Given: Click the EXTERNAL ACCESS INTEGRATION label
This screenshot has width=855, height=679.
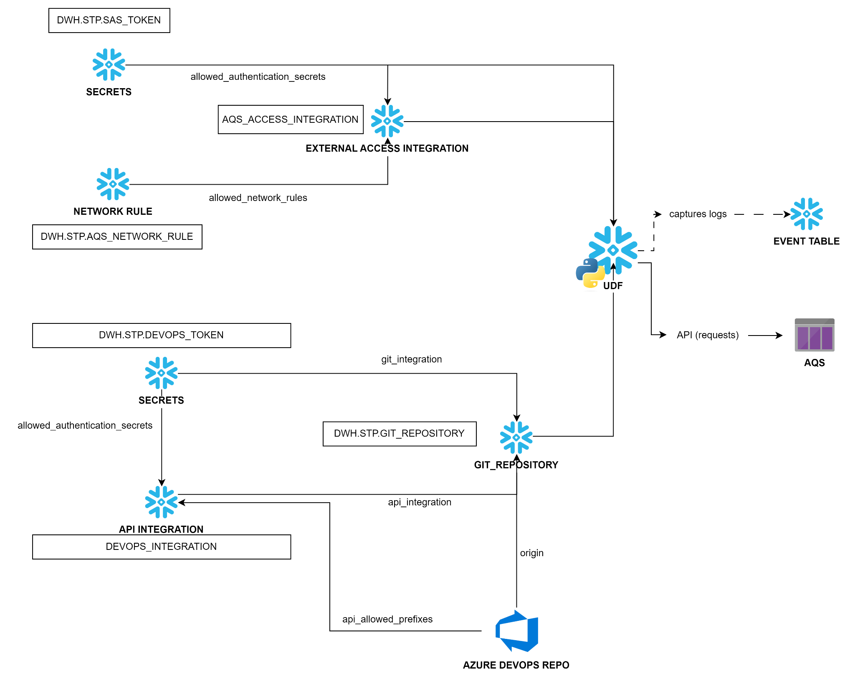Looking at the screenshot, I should click(x=388, y=149).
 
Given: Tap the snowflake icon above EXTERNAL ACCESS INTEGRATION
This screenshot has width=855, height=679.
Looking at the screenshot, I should click(x=387, y=121).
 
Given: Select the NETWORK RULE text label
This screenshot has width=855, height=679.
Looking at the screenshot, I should click(x=114, y=212).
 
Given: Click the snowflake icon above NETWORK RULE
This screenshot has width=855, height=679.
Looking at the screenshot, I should click(x=113, y=184).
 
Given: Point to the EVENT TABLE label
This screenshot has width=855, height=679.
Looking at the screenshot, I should click(x=807, y=242).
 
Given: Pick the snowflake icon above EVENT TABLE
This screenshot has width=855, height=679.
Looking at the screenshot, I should click(x=807, y=214).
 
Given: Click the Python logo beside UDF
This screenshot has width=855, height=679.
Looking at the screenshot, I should click(x=590, y=274).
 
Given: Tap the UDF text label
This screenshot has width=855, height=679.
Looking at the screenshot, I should click(x=613, y=286).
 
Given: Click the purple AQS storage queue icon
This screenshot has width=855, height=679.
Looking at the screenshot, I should click(x=814, y=335).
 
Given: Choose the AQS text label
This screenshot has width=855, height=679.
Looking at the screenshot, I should click(x=815, y=363).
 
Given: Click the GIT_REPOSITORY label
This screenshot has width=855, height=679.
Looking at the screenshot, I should click(x=516, y=465).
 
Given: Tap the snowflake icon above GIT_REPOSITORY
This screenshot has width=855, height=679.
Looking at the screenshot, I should click(x=516, y=437).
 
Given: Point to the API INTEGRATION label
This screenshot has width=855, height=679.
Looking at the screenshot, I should click(x=162, y=530).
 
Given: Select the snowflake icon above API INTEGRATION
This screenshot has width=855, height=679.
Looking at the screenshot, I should click(x=161, y=502).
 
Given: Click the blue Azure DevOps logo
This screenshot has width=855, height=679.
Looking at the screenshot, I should click(x=517, y=631).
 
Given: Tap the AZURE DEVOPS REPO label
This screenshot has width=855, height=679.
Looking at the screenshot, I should click(x=517, y=666).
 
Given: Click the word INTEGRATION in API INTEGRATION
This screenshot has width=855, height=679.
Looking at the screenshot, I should click(x=171, y=530).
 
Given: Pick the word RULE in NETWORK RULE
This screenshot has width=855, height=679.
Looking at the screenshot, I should click(x=140, y=212).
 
